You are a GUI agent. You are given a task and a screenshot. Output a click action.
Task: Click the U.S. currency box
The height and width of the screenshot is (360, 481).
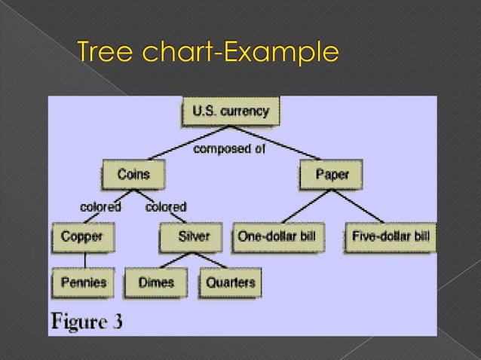[229, 112]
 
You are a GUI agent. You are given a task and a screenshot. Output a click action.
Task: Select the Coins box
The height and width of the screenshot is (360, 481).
[133, 175]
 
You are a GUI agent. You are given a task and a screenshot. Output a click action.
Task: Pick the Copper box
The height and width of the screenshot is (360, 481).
[82, 236]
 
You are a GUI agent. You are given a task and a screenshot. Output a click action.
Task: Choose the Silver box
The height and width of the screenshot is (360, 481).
[194, 236]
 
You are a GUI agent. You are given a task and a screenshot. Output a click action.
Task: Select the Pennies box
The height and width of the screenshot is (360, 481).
[84, 283]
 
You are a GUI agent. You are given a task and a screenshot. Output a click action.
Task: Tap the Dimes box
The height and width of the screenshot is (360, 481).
[156, 283]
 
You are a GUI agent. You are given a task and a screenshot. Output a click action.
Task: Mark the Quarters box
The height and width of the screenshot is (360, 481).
[230, 283]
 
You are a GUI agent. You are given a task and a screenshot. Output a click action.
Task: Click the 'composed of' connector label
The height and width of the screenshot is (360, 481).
[229, 148]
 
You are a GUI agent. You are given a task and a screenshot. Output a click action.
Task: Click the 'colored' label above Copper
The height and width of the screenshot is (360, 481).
[101, 206]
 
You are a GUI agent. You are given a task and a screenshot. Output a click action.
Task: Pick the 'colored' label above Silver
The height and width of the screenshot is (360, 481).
[165, 206]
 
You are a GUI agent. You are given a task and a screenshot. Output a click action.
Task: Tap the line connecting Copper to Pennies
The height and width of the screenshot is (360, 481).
[84, 260]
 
